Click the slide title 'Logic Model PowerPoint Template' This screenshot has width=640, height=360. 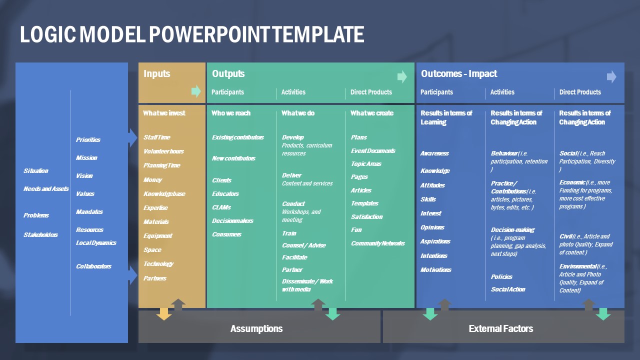191,34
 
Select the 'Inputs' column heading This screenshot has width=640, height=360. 156,73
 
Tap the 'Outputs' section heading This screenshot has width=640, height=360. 228,73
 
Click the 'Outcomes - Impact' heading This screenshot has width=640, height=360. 458,73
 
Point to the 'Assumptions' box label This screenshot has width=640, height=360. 256,328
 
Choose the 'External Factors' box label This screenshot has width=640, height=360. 500,328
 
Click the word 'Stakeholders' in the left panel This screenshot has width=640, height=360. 40,234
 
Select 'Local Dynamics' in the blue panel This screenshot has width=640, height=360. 96,242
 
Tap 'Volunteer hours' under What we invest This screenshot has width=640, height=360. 163,151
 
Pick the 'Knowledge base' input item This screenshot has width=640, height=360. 164,193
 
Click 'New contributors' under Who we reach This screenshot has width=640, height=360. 233,158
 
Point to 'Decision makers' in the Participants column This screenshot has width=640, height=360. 232,220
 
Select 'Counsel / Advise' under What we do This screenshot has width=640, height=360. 303,245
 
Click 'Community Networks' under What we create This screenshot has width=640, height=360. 377,243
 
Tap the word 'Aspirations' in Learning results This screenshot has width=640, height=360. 435,241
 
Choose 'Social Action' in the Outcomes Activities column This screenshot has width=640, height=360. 507,289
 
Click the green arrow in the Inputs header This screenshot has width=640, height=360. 196,91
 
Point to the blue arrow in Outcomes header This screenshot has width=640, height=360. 611,76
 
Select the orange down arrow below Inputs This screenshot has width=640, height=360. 163,314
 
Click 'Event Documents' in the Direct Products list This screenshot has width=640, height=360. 373,150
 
